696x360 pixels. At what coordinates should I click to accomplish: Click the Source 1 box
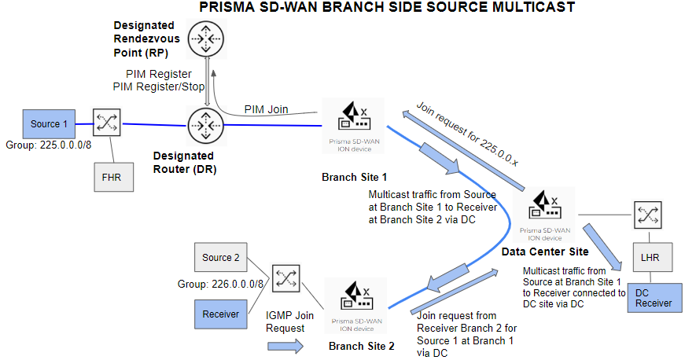(48, 124)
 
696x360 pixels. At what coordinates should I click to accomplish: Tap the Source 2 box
(221, 258)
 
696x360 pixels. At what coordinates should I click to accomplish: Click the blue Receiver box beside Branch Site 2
(221, 314)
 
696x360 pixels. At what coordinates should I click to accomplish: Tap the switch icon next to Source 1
(105, 123)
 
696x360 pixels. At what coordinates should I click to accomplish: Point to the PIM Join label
(266, 109)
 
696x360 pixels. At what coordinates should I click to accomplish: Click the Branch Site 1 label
(355, 176)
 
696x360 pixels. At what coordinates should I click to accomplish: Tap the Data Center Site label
(544, 252)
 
